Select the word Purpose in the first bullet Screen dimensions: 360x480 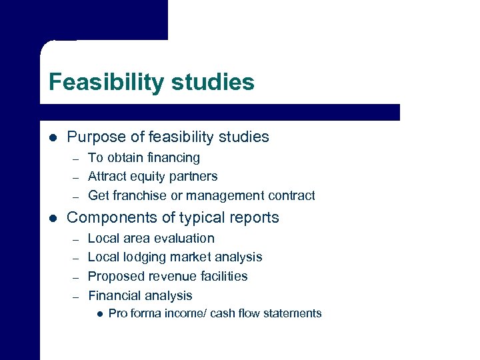click(x=95, y=137)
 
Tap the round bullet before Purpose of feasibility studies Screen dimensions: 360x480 click(x=53, y=137)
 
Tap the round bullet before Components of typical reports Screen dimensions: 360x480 click(x=53, y=217)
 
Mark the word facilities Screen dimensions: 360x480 click(x=222, y=276)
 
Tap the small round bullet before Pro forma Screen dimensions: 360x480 click(x=99, y=313)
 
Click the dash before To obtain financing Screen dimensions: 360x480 click(x=76, y=159)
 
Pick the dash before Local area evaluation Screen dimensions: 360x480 click(x=76, y=239)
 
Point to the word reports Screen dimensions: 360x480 click(x=255, y=218)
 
